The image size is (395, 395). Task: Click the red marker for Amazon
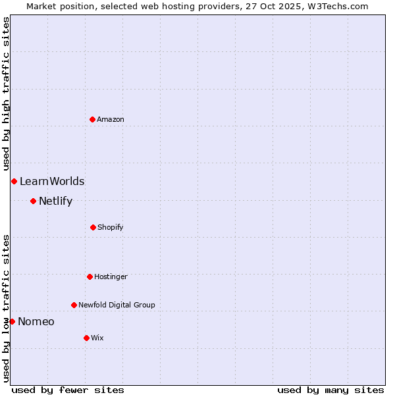[92, 119]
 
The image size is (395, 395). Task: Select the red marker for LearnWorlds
[14, 181]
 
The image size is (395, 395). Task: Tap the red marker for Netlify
[33, 201]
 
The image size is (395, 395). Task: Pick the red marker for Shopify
[93, 227]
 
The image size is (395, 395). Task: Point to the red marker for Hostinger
[90, 276]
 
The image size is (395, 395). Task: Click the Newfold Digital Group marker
[74, 305]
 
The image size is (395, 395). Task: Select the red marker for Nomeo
[12, 321]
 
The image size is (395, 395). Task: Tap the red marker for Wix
[86, 338]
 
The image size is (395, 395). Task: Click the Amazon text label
[111, 119]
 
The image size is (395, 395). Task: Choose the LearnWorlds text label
[52, 182]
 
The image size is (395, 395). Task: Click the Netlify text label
[55, 201]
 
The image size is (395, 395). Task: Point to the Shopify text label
[111, 227]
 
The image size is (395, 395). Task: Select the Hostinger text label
[111, 276]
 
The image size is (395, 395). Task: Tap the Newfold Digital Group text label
[117, 305]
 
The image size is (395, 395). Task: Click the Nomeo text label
[36, 322]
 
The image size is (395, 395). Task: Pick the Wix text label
[97, 338]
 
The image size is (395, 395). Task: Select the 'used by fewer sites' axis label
[68, 390]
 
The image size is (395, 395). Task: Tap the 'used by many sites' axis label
[330, 390]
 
